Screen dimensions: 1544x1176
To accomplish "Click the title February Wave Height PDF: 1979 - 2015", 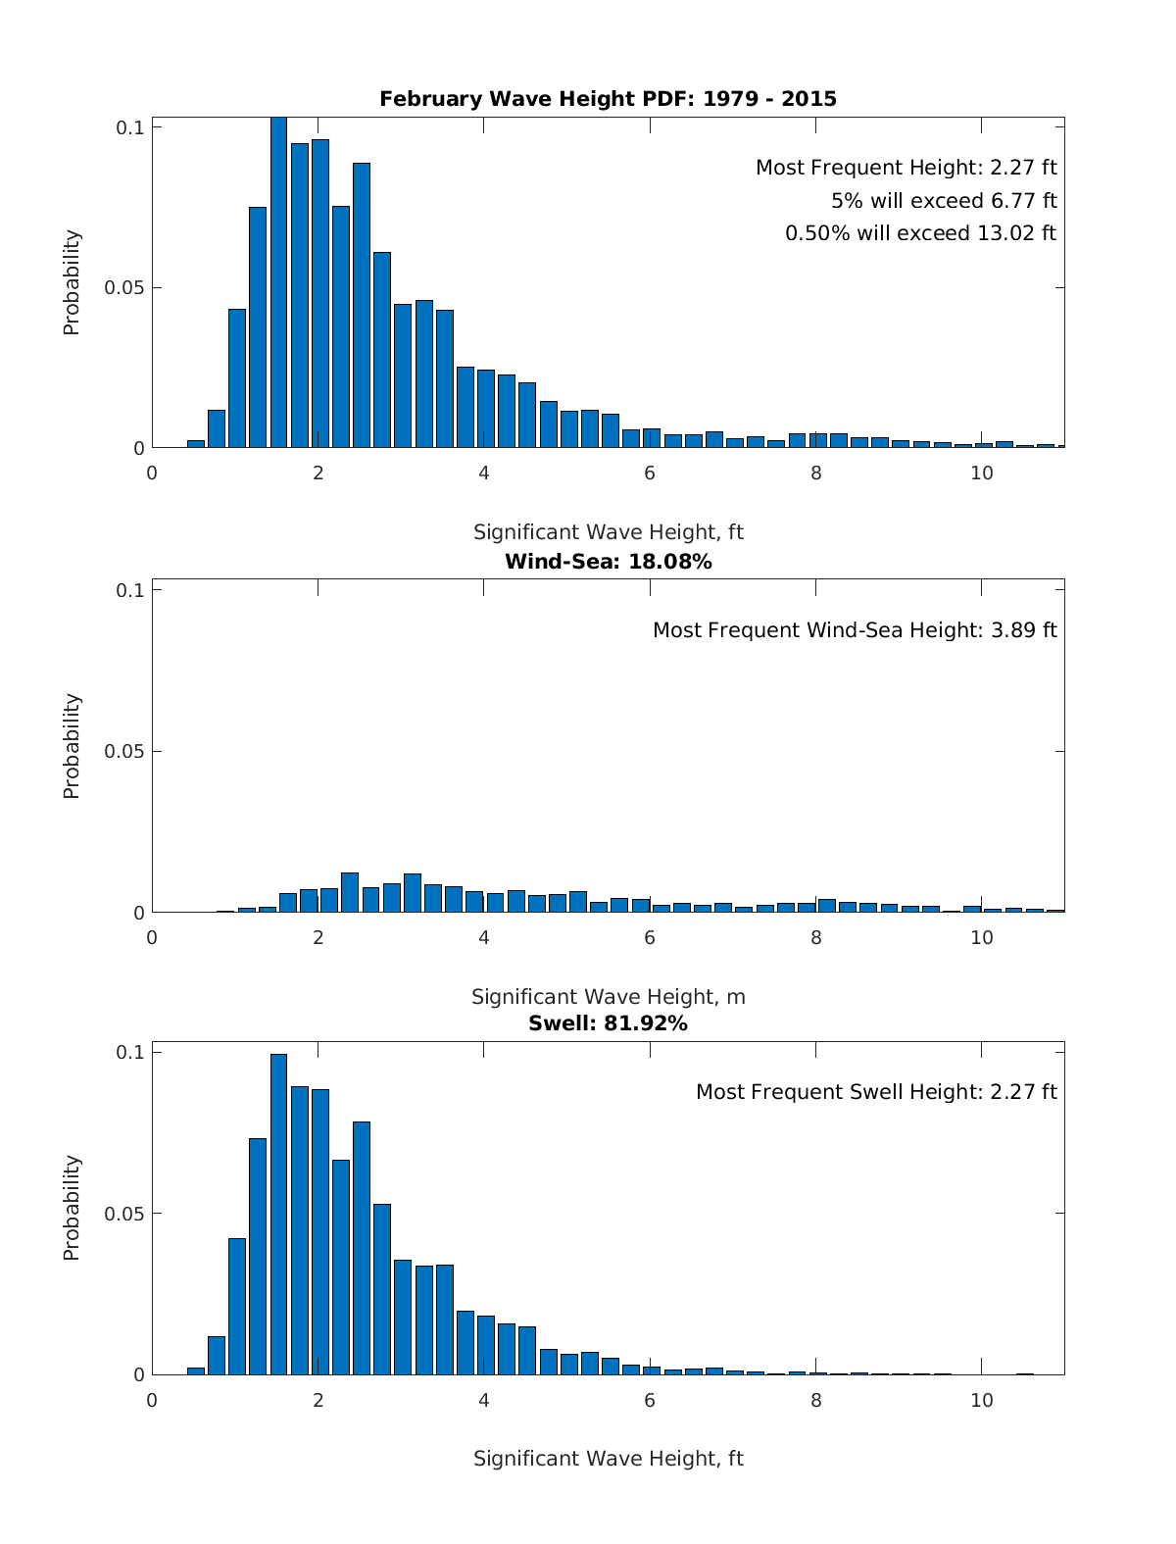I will click(608, 99).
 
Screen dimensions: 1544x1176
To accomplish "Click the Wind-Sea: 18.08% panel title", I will click(608, 562).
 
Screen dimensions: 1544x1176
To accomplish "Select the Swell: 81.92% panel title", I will click(608, 1023).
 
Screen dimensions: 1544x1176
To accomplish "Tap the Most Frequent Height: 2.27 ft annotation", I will click(906, 168).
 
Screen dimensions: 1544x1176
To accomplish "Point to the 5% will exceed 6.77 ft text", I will click(943, 201).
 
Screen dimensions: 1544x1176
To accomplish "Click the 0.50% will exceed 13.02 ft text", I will click(920, 233).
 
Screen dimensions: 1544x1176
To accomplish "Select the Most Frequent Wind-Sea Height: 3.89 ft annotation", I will click(855, 630).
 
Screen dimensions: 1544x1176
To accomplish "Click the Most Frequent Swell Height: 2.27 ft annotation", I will click(876, 1092).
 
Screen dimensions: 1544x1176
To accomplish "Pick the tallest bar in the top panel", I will click(278, 284).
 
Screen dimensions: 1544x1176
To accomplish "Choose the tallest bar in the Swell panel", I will click(278, 1216).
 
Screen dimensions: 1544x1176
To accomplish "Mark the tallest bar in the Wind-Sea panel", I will click(350, 892).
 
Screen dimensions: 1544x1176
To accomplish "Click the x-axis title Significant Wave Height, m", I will click(608, 997).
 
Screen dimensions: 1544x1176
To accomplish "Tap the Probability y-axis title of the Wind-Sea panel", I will click(72, 746).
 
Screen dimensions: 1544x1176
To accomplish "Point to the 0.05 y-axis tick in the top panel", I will click(124, 288).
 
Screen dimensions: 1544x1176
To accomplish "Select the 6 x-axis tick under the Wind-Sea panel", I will click(650, 937).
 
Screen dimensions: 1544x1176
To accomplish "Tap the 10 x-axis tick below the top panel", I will click(981, 473).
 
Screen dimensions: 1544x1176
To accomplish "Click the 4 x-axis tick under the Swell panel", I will click(484, 1400).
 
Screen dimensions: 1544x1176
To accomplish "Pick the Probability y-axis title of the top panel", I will click(72, 282).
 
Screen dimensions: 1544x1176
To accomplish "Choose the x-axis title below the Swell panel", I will click(608, 1459).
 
